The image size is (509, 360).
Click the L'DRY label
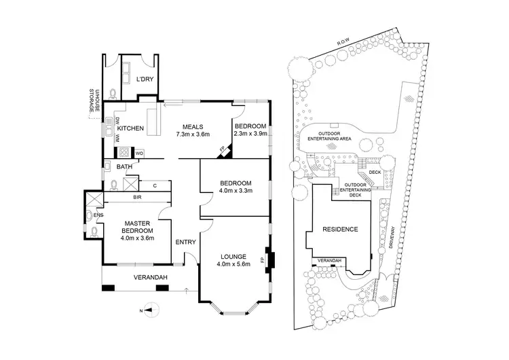145,79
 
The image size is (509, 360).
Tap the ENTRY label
185,242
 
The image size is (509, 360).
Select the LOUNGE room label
235,255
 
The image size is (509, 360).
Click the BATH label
124,166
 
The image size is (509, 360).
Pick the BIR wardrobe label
136,198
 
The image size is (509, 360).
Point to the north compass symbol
155,310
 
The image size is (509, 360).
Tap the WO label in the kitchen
138,154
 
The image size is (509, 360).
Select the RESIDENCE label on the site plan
339,230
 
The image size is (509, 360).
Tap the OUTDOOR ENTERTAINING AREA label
329,136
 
